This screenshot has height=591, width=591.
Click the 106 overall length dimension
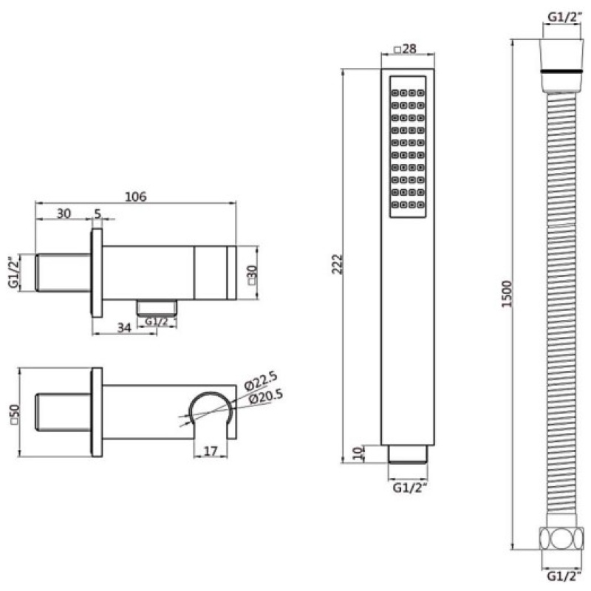[136, 197]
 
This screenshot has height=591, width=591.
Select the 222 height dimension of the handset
[338, 264]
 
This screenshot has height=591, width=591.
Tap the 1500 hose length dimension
[508, 294]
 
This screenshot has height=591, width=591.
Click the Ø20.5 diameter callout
[266, 397]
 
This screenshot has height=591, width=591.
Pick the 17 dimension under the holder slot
[211, 451]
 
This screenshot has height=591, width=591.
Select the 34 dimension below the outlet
[124, 327]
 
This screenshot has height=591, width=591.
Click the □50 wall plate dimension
[14, 415]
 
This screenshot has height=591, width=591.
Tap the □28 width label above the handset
[405, 49]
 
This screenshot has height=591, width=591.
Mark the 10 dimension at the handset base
[358, 453]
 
